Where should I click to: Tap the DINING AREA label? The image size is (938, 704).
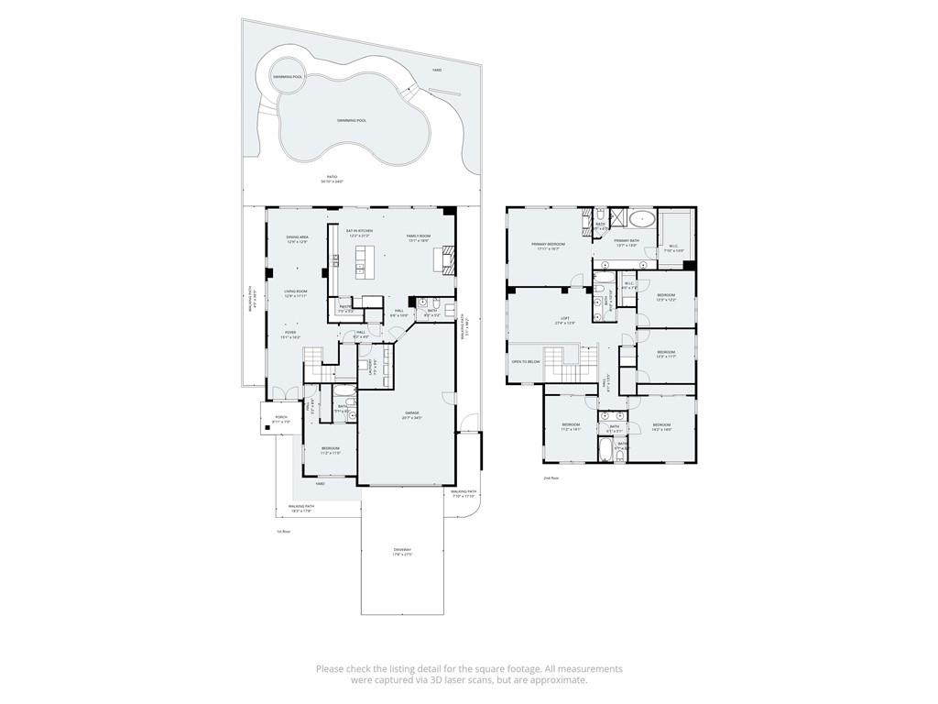point(297,238)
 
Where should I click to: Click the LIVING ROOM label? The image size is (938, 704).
point(294,292)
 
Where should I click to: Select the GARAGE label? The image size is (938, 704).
point(412,413)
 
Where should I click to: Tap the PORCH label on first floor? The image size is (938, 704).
point(280,419)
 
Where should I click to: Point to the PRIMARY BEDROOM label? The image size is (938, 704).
point(549,245)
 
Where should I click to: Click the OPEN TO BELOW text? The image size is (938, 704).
point(526,361)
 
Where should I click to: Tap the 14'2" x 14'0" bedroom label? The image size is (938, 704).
point(662,426)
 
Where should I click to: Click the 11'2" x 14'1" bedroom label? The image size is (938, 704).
point(571,426)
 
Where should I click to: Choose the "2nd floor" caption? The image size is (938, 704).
point(551,478)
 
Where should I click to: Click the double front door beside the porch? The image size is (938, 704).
point(290,396)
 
